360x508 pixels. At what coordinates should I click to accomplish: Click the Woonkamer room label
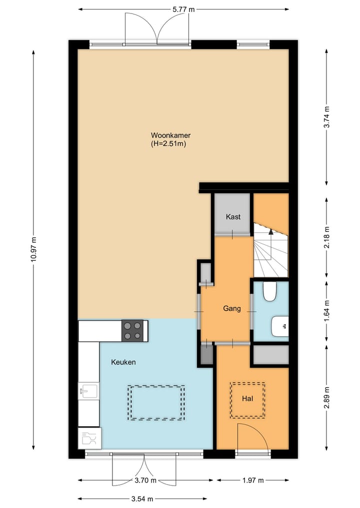tap(170, 135)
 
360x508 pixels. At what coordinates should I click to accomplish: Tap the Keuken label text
tap(123, 362)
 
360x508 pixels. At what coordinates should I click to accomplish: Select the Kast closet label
tap(233, 217)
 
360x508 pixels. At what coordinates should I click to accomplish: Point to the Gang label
tap(231, 309)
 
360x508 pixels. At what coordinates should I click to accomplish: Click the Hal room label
tap(247, 399)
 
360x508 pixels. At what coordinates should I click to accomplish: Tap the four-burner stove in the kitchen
tap(132, 331)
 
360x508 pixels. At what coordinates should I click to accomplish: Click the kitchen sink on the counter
tap(88, 391)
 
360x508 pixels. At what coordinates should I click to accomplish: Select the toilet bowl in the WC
tap(270, 292)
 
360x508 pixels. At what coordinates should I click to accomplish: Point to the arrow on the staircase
tap(271, 231)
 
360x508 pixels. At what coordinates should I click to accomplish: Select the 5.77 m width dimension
tap(183, 9)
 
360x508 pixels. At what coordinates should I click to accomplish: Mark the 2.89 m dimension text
tap(326, 397)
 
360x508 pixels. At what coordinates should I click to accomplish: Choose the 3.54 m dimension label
tap(142, 499)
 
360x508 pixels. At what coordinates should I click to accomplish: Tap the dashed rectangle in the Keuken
tap(156, 402)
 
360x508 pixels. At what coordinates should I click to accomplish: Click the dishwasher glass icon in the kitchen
tap(89, 438)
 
